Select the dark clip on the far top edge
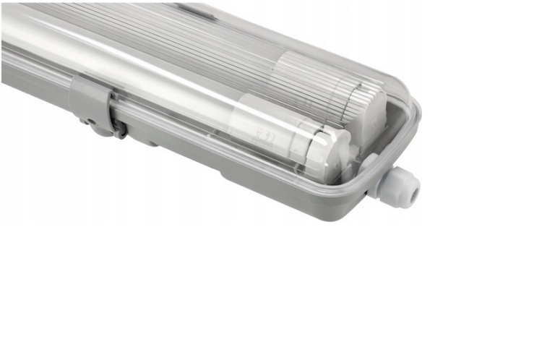coord(196,9)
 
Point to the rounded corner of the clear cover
coord(410,116)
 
